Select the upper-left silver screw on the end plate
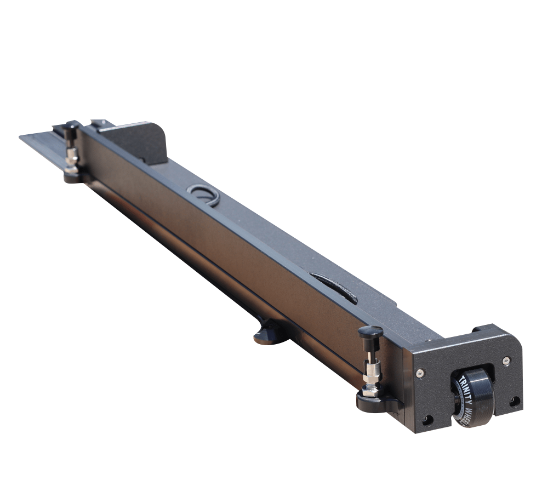[x=420, y=373]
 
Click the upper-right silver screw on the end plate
[x=506, y=360]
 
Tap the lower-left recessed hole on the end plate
[x=427, y=420]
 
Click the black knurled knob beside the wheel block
[x=370, y=332]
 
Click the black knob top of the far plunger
[x=70, y=127]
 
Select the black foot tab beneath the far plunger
[x=72, y=176]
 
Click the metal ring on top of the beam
[x=203, y=194]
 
